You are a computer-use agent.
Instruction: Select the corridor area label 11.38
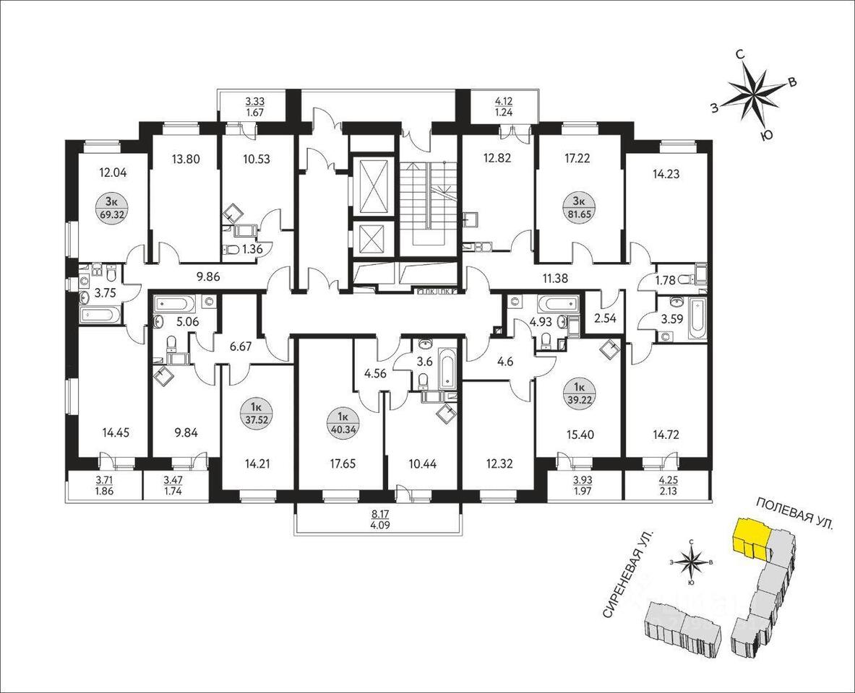(x=555, y=278)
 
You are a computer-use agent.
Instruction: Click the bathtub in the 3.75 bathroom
(x=99, y=315)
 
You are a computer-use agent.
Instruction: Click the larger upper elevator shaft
(x=374, y=186)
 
